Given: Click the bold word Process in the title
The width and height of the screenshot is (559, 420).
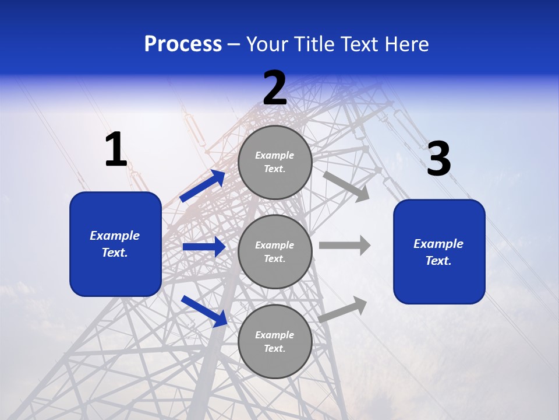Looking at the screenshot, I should pyautogui.click(x=183, y=44).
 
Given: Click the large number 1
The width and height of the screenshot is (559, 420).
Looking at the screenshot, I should pyautogui.click(x=116, y=150).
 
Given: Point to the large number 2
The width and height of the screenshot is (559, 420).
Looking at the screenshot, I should pyautogui.click(x=275, y=88).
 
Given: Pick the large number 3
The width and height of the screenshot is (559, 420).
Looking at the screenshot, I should pyautogui.click(x=438, y=159).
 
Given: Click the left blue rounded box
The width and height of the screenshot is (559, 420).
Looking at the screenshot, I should pyautogui.click(x=115, y=244).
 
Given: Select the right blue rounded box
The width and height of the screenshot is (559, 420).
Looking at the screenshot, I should pyautogui.click(x=439, y=252).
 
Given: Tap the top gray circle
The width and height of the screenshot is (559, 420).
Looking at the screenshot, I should pyautogui.click(x=275, y=162).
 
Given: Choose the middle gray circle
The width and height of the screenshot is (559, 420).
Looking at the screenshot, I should pyautogui.click(x=275, y=251).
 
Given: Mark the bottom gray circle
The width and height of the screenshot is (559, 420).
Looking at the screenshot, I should pyautogui.click(x=275, y=341).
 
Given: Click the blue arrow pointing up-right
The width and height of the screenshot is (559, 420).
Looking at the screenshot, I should pyautogui.click(x=203, y=186).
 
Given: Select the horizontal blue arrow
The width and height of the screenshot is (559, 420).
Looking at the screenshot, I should pyautogui.click(x=204, y=247).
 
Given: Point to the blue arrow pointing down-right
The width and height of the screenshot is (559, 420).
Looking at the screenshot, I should pyautogui.click(x=204, y=311).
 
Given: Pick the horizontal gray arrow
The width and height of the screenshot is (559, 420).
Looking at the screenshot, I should pyautogui.click(x=345, y=245).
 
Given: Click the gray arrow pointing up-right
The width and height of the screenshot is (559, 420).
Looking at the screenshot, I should pyautogui.click(x=343, y=310).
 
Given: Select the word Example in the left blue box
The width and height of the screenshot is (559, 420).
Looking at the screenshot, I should pyautogui.click(x=115, y=236).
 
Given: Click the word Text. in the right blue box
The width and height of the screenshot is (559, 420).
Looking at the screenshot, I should pyautogui.click(x=438, y=261).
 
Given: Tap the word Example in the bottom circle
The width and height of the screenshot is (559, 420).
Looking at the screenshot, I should pyautogui.click(x=275, y=335).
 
